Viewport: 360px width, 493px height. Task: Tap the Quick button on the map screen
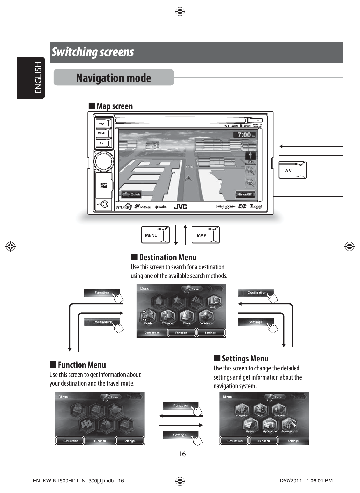click(x=131, y=195)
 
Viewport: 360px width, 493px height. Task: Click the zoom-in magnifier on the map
click(x=250, y=171)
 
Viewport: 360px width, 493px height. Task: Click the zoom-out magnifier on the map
click(x=250, y=183)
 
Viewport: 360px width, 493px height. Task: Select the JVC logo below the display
click(x=180, y=207)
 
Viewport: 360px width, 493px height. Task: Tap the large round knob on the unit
click(x=103, y=161)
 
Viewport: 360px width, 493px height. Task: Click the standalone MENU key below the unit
click(x=155, y=235)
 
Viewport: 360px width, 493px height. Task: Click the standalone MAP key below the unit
click(x=205, y=235)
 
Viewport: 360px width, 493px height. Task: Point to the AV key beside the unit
click(x=292, y=170)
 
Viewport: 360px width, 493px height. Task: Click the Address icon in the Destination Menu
click(x=215, y=302)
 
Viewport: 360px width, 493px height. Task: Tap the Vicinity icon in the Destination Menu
click(x=148, y=317)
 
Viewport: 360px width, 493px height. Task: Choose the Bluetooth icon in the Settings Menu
click(x=279, y=410)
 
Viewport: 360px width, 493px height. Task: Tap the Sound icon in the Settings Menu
click(x=260, y=410)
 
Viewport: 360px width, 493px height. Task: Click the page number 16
click(x=182, y=454)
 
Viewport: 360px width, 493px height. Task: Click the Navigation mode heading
click(x=114, y=78)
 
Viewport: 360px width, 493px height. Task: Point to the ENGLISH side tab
click(x=38, y=78)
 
